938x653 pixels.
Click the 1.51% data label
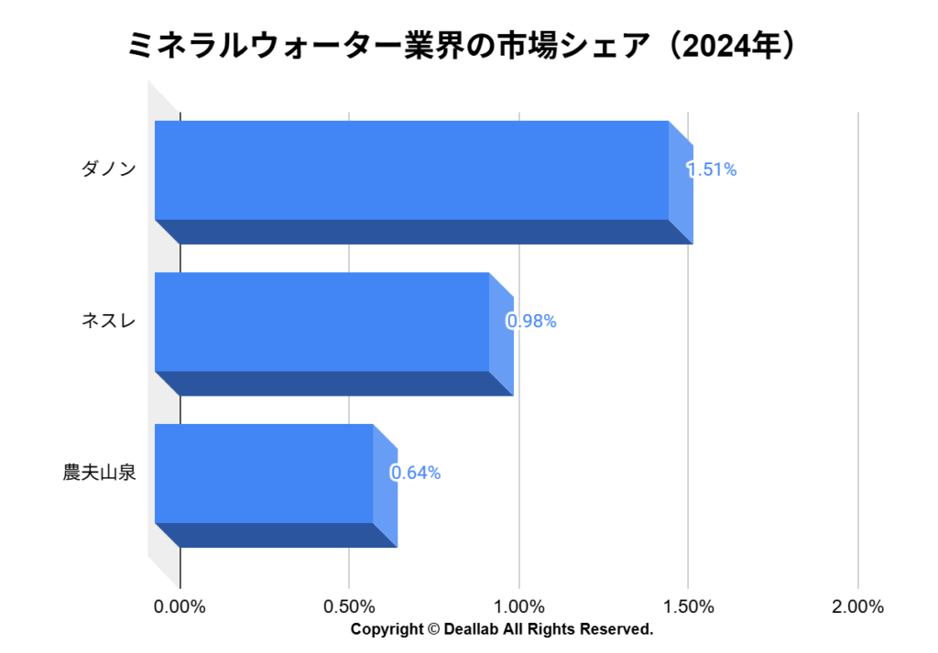pos(713,169)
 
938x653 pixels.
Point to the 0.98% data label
pos(532,321)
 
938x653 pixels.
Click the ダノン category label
pos(109,169)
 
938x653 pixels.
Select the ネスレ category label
pos(109,321)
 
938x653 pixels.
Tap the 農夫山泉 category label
pos(100,473)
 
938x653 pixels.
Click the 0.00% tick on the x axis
pos(180,607)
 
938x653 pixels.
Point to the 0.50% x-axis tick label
pos(350,607)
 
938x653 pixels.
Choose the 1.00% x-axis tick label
pos(519,607)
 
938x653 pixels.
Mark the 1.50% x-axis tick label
pos(689,607)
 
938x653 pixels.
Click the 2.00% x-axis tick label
pos(858,607)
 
